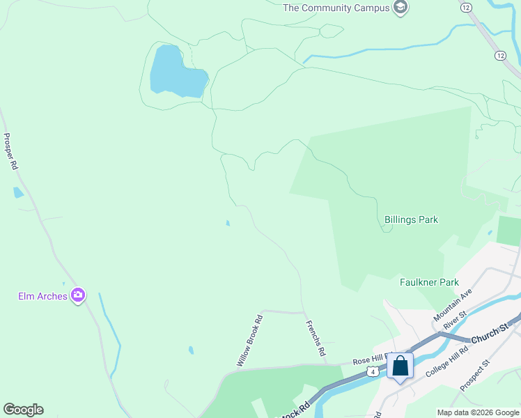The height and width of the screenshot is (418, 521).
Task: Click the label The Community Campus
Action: pyautogui.click(x=336, y=8)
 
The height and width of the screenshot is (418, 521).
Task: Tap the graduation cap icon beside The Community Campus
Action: pyautogui.click(x=401, y=8)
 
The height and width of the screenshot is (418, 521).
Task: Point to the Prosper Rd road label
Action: pyautogui.click(x=10, y=152)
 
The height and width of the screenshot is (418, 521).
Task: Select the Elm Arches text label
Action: pyautogui.click(x=42, y=296)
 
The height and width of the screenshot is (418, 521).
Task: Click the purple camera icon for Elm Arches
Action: pyautogui.click(x=78, y=295)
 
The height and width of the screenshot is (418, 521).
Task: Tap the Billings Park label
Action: pyautogui.click(x=411, y=219)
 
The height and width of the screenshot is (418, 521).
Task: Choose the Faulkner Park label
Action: pyautogui.click(x=429, y=282)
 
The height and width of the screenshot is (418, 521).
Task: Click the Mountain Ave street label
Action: pyautogui.click(x=453, y=305)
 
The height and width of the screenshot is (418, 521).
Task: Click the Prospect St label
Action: pyautogui.click(x=476, y=375)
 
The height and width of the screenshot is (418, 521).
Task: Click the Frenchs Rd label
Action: pyautogui.click(x=316, y=339)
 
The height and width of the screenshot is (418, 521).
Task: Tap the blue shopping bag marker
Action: pyautogui.click(x=401, y=366)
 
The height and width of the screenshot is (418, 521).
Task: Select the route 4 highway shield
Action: pyautogui.click(x=374, y=372)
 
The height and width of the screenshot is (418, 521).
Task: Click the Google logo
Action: pyautogui.click(x=23, y=410)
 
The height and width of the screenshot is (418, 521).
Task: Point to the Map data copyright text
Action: pyautogui.click(x=477, y=412)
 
